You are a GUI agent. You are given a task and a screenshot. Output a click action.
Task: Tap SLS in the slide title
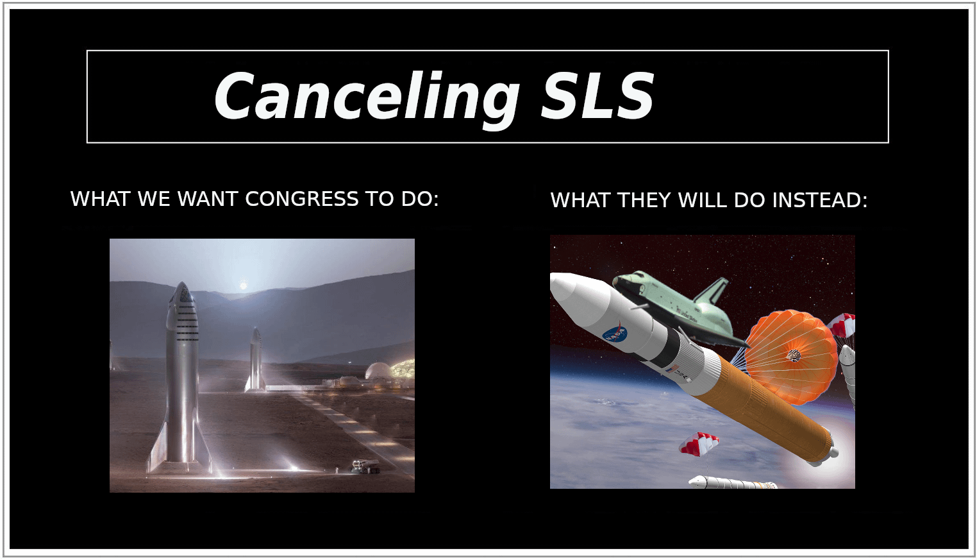pos(597,95)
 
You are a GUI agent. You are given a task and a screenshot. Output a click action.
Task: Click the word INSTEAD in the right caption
pos(820,200)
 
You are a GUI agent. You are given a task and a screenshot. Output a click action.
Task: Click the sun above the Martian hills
pos(244,286)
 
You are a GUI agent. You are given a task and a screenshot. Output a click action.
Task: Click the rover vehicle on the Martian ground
pos(365,466)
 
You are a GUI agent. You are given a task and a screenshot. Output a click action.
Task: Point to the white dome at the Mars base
pos(378,371)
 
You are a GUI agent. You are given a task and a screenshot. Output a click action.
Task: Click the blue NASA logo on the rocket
pos(615,334)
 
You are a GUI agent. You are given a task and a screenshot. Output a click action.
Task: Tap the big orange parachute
pos(792,356)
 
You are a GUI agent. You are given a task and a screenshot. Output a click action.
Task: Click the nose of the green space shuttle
pos(619,281)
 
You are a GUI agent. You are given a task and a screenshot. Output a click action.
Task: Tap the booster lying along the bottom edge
pos(732,482)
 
